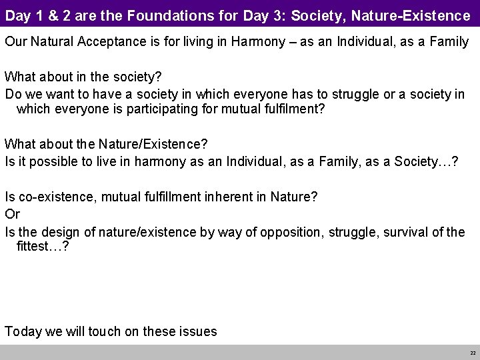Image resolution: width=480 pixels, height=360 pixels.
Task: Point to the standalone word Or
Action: [x=13, y=214]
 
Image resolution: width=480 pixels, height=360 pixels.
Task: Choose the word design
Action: [x=68, y=231]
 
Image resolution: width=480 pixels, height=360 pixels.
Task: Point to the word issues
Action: [x=199, y=331]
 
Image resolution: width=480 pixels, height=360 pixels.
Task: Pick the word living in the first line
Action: [x=206, y=42]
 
